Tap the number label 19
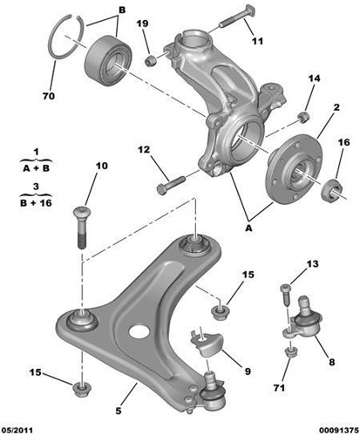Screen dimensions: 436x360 (145, 23)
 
